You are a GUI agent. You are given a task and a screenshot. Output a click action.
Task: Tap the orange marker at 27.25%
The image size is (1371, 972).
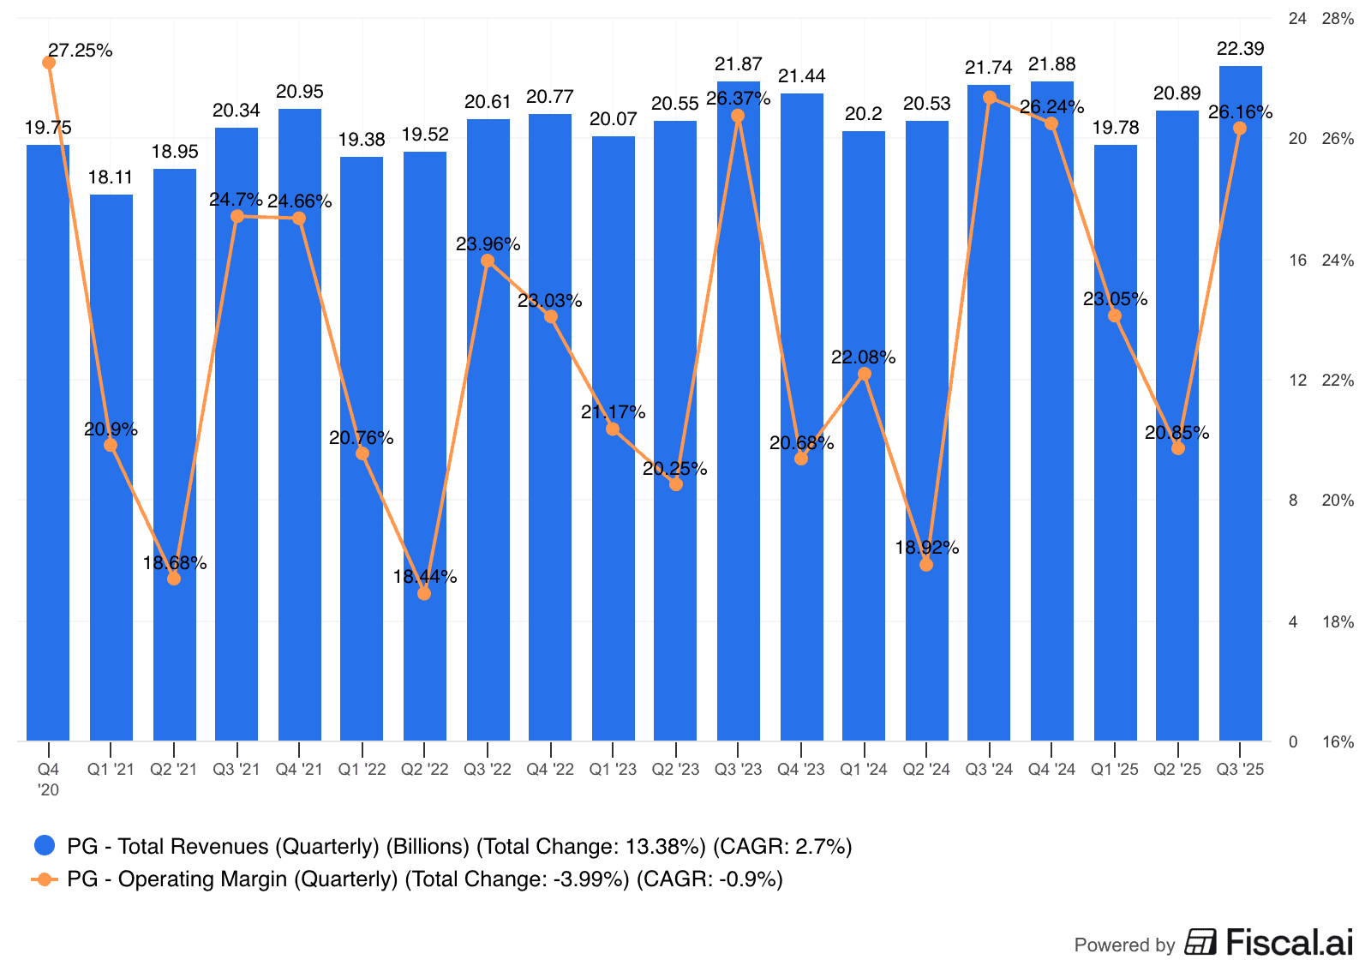click(49, 63)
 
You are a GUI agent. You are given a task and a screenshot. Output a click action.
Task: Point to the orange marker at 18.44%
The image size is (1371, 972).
click(424, 593)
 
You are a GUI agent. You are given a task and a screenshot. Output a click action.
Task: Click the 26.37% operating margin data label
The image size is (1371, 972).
click(738, 99)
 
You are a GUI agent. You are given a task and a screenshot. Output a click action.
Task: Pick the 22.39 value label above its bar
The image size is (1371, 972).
click(1240, 49)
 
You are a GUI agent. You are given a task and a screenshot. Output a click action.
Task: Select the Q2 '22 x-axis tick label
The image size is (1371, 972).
click(424, 770)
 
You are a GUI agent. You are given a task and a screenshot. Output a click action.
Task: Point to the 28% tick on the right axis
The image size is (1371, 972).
click(1338, 19)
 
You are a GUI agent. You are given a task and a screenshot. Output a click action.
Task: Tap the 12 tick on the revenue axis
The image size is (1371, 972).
click(1298, 380)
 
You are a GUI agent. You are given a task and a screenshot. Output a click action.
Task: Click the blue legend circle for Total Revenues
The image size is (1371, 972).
click(45, 846)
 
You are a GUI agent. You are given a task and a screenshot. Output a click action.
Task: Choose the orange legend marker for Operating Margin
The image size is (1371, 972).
click(45, 879)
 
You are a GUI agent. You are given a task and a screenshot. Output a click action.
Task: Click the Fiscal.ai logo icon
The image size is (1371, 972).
click(1200, 942)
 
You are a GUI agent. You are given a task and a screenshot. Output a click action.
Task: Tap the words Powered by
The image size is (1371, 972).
click(1124, 945)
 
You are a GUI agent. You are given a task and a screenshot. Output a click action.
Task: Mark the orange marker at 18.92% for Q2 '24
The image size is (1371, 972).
click(926, 565)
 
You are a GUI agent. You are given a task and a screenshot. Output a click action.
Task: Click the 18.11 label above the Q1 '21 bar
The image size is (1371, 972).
click(111, 177)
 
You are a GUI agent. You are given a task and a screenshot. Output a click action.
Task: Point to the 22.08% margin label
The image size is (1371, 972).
click(863, 357)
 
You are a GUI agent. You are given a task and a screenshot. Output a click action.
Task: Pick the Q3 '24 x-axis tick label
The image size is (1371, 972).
click(989, 770)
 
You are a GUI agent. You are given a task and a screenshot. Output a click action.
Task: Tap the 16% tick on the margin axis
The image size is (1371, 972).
click(1338, 742)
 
